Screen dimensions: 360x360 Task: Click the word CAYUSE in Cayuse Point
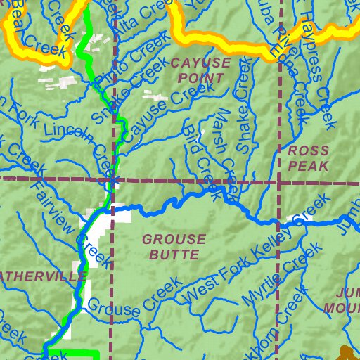[200, 63]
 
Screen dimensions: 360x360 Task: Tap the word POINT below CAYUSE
[200, 78]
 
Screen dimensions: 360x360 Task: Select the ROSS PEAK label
[308, 158]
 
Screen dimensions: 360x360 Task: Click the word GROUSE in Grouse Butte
[174, 239]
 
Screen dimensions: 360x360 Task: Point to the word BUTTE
[174, 254]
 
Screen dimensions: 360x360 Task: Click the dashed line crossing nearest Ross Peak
[279, 181]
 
